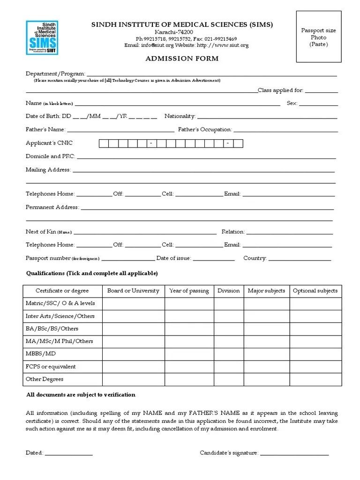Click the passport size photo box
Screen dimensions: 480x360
[318, 37]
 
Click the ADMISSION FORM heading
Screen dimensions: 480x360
[175, 59]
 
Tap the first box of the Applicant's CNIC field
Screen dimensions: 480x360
[104, 143]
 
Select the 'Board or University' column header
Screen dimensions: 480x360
[133, 291]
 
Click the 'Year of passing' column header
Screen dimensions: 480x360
[189, 291]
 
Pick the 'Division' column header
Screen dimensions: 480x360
[228, 291]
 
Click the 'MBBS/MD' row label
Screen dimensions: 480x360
[40, 354]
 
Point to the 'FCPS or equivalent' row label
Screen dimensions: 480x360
[50, 367]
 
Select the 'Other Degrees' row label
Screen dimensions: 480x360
[44, 379]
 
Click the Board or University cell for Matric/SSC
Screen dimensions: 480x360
[133, 303]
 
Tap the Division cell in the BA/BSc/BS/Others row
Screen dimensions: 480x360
[228, 329]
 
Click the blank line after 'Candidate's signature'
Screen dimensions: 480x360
[294, 453]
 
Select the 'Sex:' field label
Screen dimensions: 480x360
[292, 103]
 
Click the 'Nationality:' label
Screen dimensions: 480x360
[180, 116]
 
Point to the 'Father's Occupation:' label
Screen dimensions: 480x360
[205, 129]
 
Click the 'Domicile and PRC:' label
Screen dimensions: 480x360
[50, 156]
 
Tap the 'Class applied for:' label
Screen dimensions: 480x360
[280, 90]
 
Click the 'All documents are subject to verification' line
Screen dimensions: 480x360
[81, 395]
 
